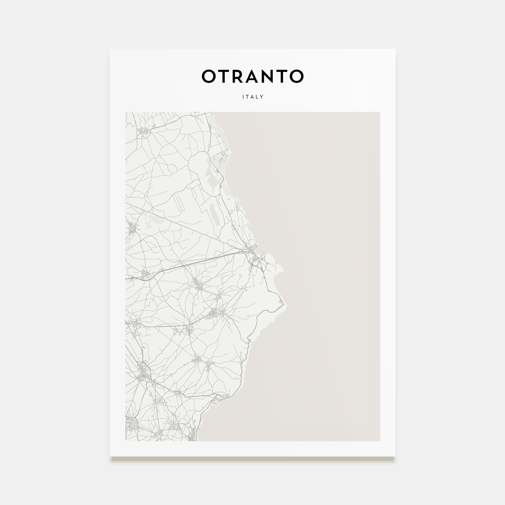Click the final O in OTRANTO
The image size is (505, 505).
click(296, 76)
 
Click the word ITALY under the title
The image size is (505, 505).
click(253, 97)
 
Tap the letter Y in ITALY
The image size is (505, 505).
click(262, 97)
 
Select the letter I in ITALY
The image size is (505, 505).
click(243, 97)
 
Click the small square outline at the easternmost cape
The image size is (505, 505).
click(281, 302)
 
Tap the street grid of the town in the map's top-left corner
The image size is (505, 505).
click(144, 131)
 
